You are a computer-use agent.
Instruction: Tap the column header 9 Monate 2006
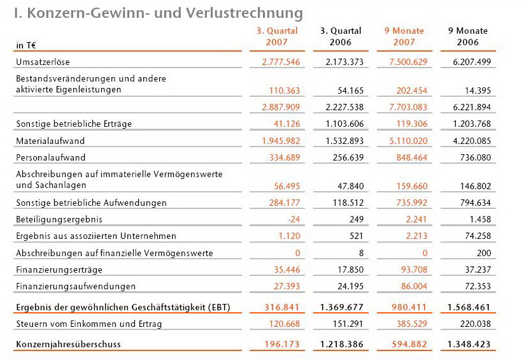tap(468, 36)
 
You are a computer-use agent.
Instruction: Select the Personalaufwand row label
tap(50, 157)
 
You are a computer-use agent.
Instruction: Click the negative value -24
tap(292, 219)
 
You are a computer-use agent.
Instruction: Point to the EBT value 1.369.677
tap(341, 307)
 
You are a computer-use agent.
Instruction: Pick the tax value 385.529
tap(409, 324)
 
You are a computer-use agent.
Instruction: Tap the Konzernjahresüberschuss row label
tap(68, 345)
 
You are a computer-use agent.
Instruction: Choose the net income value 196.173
tap(282, 345)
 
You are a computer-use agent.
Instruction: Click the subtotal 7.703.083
tap(407, 106)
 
